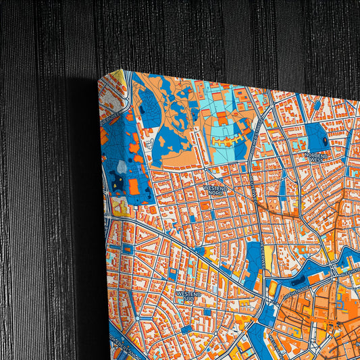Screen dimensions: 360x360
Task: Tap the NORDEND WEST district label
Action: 316,157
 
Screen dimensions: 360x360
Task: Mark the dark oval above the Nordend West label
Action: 326,141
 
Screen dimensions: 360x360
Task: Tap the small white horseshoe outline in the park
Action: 161,143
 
